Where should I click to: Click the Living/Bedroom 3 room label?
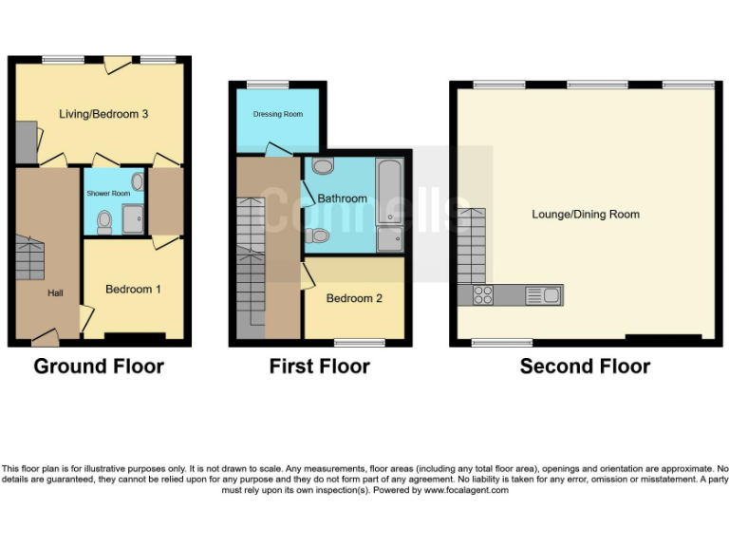pos(103,114)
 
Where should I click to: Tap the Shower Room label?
pos(108,194)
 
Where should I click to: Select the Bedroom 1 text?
pos(133,289)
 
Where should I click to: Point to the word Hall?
pos(55,293)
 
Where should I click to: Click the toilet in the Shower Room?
pos(105,222)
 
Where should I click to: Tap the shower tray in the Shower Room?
pos(132,220)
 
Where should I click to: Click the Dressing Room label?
pos(278,114)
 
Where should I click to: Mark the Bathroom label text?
pos(342,198)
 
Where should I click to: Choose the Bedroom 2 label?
pos(354,298)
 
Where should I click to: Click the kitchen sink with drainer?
pos(541,295)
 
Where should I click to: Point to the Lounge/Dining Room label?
pos(585,215)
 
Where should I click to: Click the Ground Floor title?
pos(99,367)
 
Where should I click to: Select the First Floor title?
pos(320,367)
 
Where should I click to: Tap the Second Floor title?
pos(585,367)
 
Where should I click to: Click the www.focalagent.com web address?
pos(466,490)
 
